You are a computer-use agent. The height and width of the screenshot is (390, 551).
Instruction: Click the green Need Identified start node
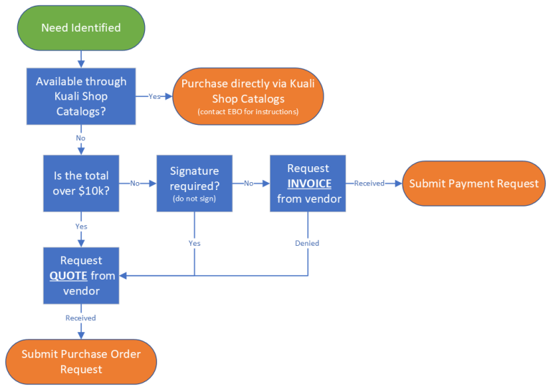(x=81, y=28)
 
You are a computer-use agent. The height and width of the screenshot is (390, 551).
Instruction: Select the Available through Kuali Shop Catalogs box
(x=81, y=96)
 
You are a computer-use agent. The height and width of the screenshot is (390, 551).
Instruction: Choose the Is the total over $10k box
(x=81, y=184)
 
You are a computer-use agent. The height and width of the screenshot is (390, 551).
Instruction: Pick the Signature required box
(x=194, y=184)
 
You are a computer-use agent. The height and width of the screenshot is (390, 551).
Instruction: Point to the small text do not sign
(x=194, y=197)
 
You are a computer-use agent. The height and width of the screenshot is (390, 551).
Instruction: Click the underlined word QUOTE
(x=68, y=276)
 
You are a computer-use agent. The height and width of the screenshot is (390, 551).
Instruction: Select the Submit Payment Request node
(x=474, y=184)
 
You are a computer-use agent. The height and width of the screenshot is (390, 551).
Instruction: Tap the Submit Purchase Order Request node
(x=81, y=362)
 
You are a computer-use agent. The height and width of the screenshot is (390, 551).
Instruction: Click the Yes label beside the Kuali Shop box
(x=154, y=97)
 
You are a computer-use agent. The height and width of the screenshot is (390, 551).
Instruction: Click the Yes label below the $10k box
(x=81, y=226)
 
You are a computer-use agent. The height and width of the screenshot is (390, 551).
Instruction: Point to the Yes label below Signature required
(x=194, y=243)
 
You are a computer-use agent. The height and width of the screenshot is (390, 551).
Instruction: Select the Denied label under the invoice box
(x=307, y=243)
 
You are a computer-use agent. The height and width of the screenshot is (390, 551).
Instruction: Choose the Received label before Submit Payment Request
(x=369, y=184)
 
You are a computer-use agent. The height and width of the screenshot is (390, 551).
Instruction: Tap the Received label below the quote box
(x=80, y=318)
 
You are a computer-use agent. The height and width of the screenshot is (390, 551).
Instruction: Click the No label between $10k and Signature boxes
(x=135, y=184)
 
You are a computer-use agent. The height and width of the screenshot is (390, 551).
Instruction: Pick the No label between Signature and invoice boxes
(x=248, y=184)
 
